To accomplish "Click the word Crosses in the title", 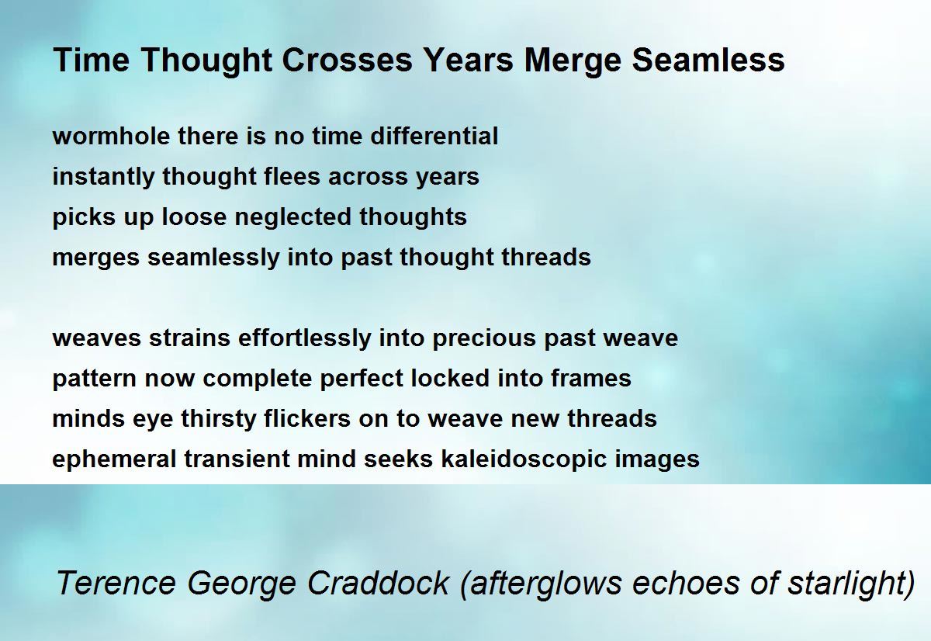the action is click(347, 60).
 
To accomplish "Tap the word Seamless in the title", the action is click(708, 60).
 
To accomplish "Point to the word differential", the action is click(434, 136).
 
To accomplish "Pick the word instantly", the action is click(103, 178).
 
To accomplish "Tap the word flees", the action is click(292, 176).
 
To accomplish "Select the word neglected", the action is click(293, 218).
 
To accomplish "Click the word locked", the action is click(450, 378).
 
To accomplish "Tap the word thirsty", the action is click(219, 419).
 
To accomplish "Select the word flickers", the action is click(307, 418).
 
